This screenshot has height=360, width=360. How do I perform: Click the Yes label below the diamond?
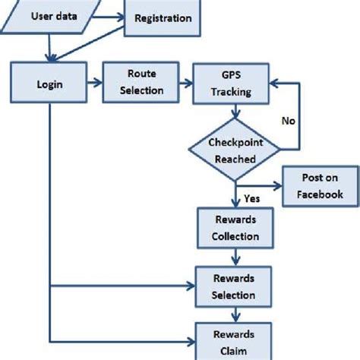[x=252, y=198]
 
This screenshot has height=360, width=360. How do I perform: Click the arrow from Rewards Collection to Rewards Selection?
[x=235, y=256]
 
